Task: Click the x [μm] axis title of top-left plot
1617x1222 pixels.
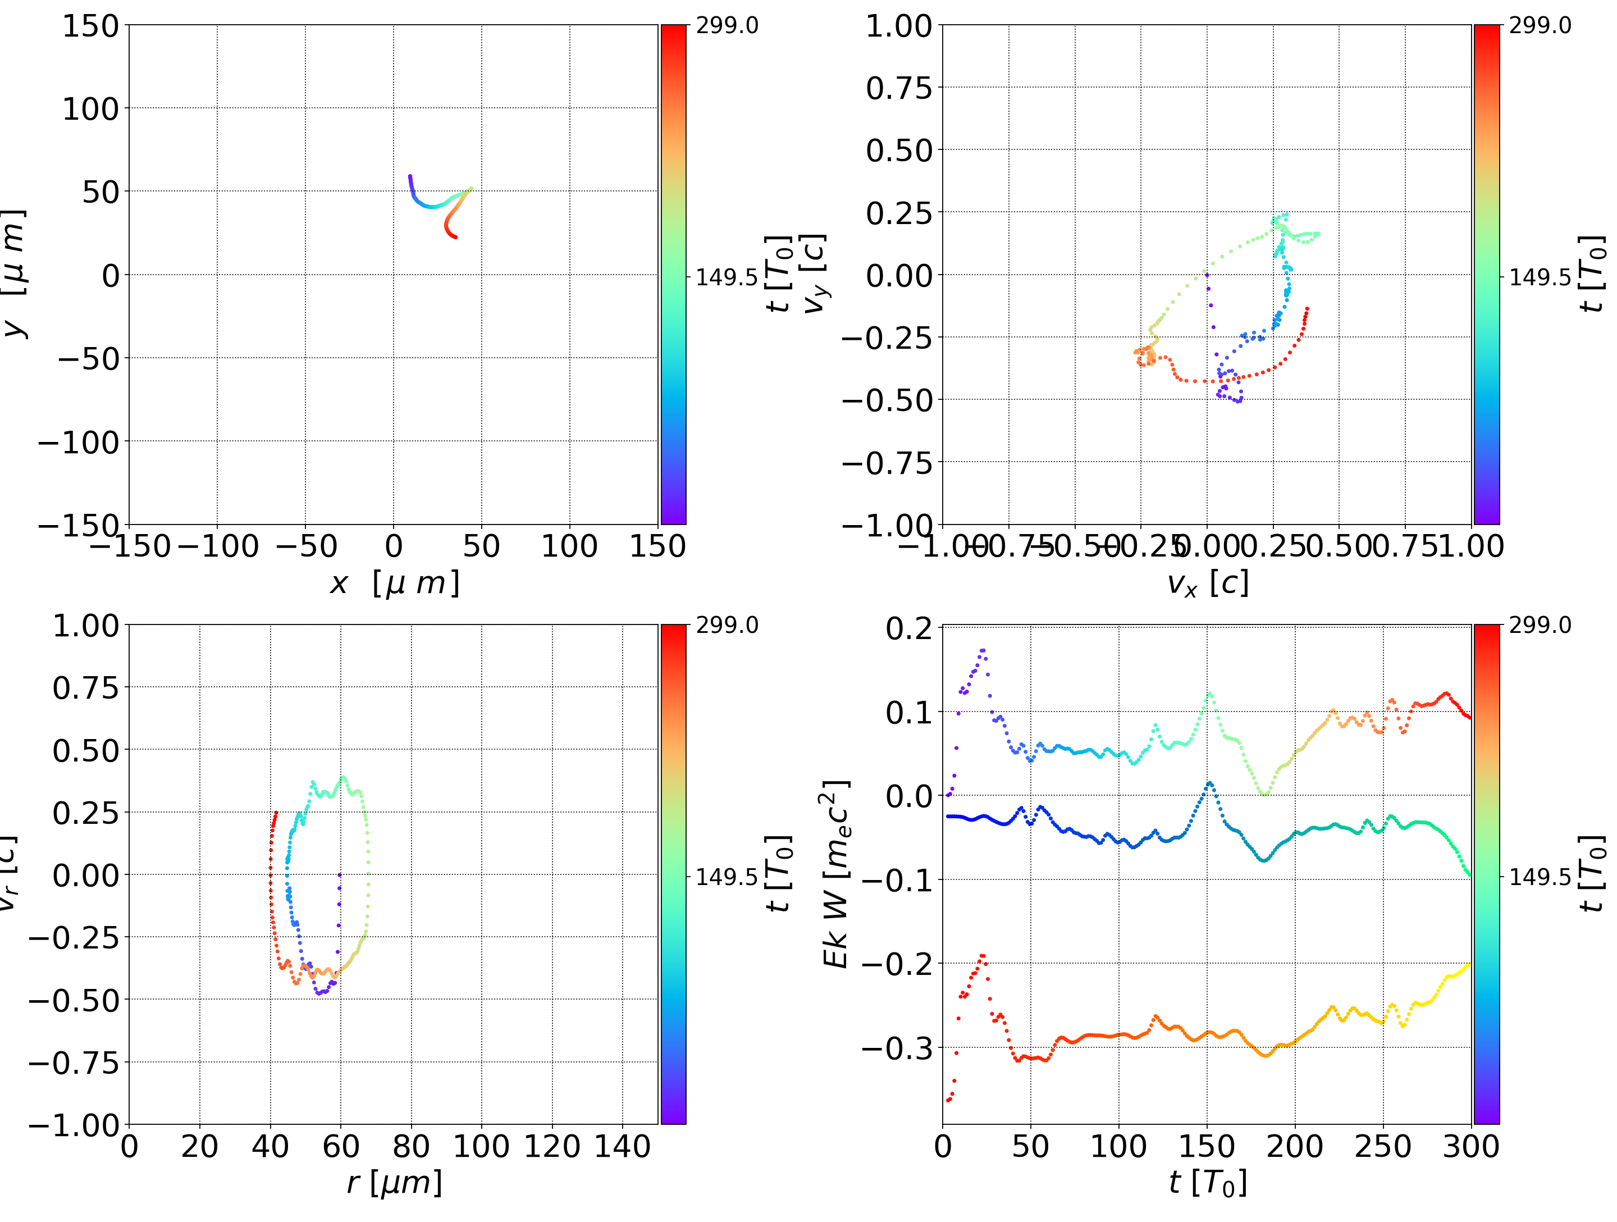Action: tap(394, 583)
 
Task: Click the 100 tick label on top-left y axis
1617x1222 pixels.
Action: tap(90, 109)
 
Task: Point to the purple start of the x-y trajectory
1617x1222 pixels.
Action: tap(410, 177)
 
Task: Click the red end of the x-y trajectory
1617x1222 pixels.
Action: tap(455, 236)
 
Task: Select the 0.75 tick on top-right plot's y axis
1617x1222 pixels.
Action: tap(900, 88)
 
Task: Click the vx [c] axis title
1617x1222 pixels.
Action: tap(1207, 583)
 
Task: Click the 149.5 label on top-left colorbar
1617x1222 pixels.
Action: tap(726, 277)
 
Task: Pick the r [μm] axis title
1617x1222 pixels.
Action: tap(394, 1183)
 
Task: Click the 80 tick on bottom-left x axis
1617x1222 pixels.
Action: tap(411, 1146)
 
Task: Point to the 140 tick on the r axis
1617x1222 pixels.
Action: tap(622, 1146)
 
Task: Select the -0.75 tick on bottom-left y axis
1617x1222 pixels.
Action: tap(73, 1062)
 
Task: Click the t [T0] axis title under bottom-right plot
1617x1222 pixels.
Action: tap(1207, 1183)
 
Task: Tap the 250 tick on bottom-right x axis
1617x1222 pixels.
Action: tap(1383, 1146)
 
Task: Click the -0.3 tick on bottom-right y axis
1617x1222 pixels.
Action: tap(898, 1048)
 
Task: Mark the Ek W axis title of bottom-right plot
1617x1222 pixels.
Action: tap(835, 874)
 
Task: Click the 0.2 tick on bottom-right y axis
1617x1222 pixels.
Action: tap(908, 628)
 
